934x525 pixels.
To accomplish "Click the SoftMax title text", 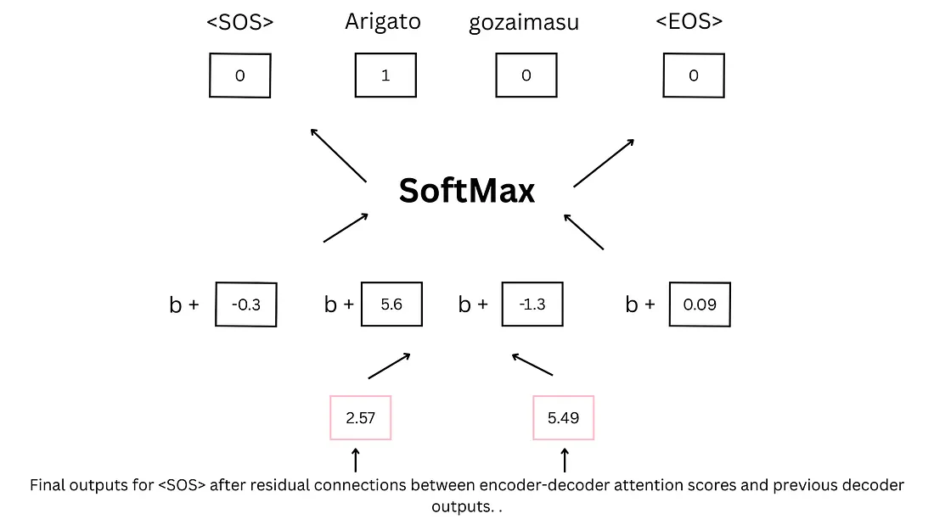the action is pos(467,191).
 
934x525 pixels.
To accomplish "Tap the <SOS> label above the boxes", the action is pos(240,22).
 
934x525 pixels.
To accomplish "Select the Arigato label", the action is pos(383,21).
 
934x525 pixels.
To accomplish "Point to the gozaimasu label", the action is pos(524,23).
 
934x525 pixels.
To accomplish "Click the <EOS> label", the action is pos(689,21).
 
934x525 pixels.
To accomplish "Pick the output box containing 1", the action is pos(385,75).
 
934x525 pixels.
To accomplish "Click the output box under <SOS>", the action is pos(240,75).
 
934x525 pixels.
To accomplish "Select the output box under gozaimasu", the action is pos(526,75).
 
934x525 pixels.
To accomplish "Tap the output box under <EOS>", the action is pos(694,75).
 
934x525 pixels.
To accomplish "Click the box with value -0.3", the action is pos(246,304).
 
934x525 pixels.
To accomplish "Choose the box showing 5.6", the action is pos(391,304).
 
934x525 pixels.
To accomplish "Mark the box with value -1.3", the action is pos(532,304).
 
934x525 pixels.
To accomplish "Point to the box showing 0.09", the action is pos(700,304).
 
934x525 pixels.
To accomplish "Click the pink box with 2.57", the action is pos(361,417).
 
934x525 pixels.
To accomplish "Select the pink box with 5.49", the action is pos(563,417).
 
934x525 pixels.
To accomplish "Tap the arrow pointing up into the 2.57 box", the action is pos(356,461).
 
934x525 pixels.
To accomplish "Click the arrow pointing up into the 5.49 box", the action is pos(565,461).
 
